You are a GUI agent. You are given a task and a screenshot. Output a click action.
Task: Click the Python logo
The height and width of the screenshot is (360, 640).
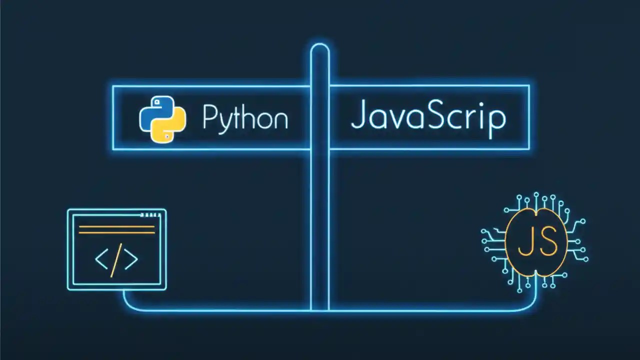(162, 118)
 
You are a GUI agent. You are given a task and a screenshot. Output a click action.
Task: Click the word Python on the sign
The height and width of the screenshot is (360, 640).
(245, 118)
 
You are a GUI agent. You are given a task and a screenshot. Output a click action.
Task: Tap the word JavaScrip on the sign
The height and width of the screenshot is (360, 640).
(428, 116)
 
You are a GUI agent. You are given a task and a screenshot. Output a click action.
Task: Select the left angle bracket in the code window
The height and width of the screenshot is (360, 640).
(101, 259)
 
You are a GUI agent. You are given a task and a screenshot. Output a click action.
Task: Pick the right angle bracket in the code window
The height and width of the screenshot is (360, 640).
(131, 259)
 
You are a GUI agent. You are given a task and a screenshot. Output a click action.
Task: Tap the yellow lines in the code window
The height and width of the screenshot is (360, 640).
(116, 230)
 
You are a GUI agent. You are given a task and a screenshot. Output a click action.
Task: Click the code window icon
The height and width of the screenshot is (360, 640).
(116, 249)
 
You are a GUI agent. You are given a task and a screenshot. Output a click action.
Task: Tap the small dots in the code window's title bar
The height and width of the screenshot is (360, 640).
(151, 215)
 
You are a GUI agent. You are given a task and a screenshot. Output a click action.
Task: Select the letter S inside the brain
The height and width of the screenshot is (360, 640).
(547, 242)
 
